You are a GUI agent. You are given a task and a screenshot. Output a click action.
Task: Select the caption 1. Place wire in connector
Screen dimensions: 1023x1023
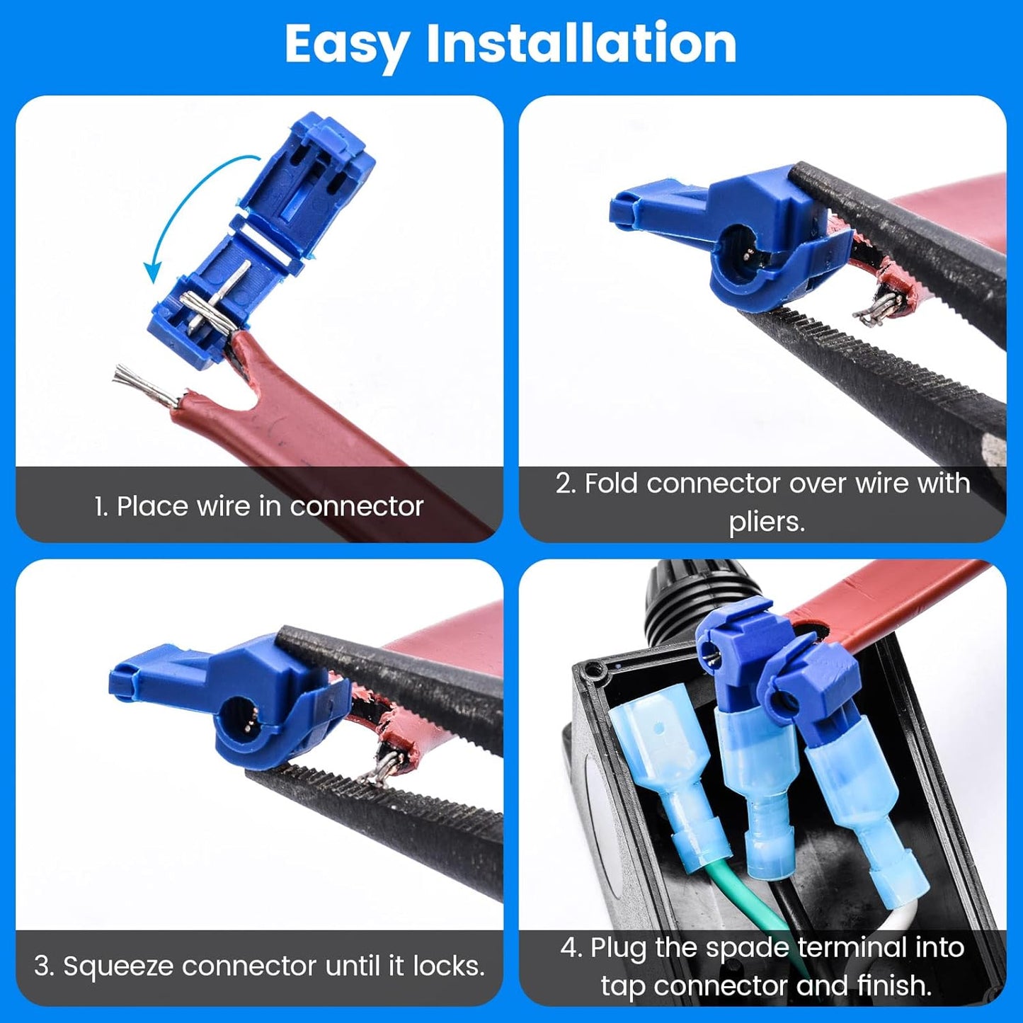coord(258,506)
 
